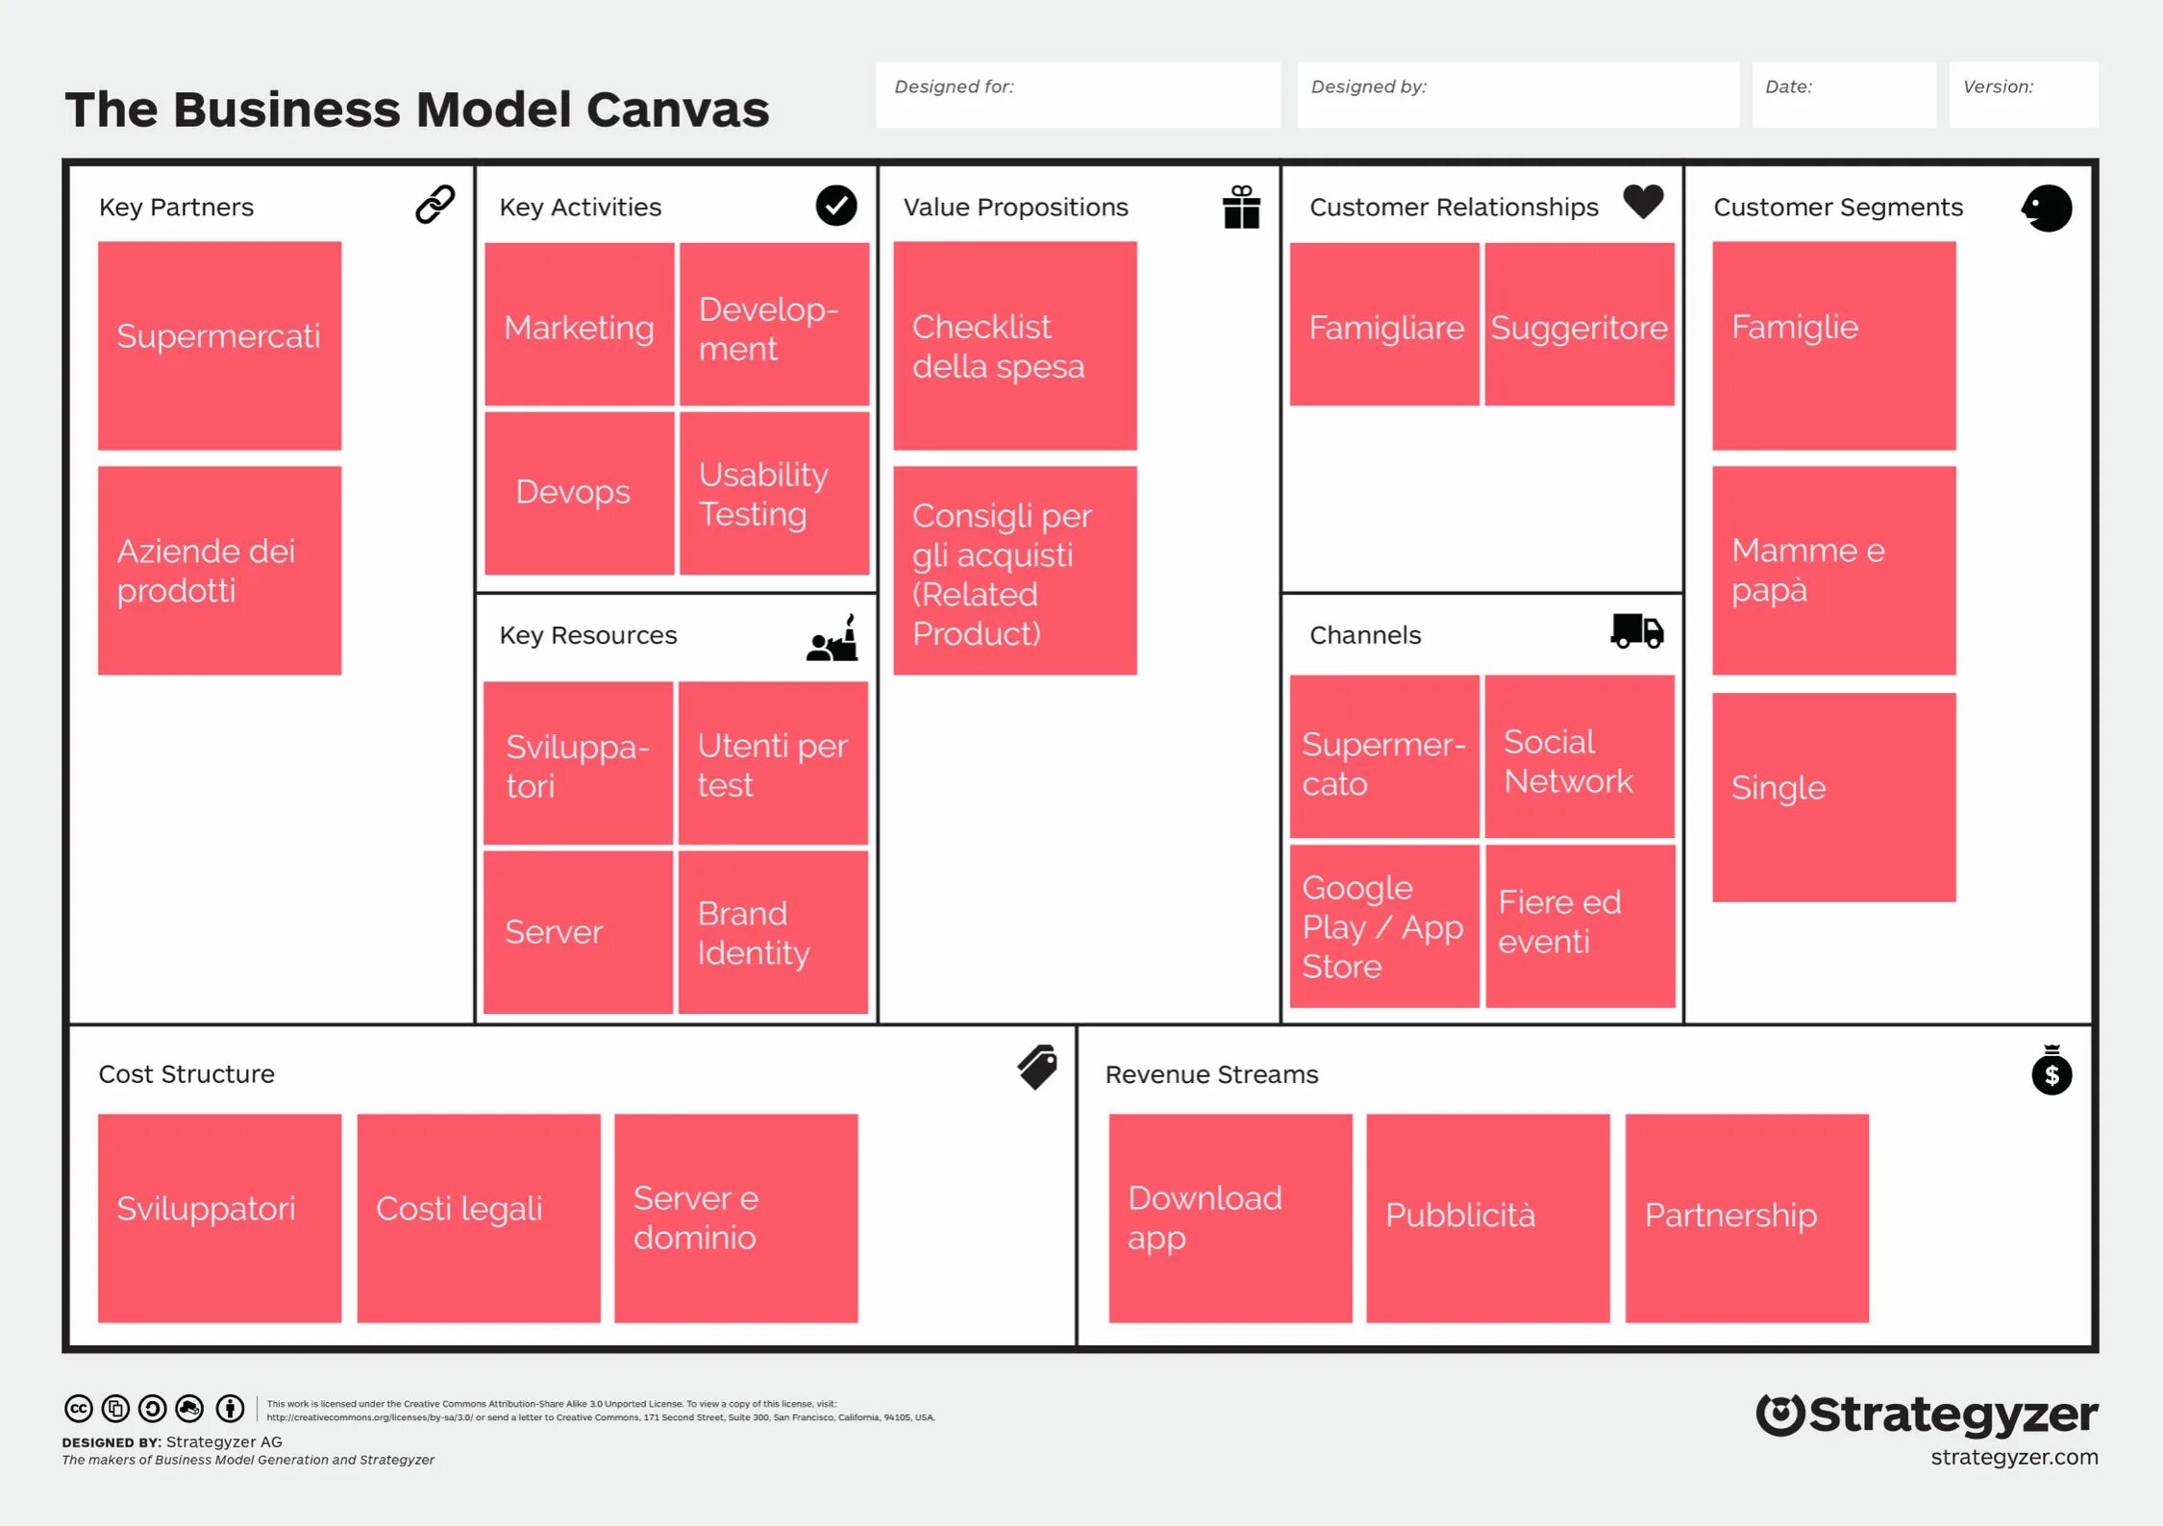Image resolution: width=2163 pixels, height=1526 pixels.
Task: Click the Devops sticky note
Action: click(579, 493)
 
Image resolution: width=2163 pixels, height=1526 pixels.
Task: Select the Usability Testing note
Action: click(774, 493)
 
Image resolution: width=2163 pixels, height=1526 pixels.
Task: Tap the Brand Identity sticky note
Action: click(773, 931)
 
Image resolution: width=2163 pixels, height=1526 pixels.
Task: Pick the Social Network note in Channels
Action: click(1579, 757)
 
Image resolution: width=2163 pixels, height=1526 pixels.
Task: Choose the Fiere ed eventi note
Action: click(1579, 925)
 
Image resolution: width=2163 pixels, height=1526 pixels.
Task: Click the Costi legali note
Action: click(478, 1217)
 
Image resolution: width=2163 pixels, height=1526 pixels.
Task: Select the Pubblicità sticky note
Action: click(1487, 1217)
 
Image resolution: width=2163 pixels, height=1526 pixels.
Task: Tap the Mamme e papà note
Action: click(1833, 570)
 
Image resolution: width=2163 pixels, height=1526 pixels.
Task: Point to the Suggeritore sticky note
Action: click(1579, 325)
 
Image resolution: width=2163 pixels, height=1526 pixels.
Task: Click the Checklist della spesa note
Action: click(1014, 345)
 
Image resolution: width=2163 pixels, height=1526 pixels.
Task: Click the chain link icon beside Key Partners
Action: click(435, 205)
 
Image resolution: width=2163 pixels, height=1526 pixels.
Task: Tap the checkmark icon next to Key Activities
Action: click(835, 206)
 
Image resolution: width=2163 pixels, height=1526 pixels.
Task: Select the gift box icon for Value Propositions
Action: click(1241, 207)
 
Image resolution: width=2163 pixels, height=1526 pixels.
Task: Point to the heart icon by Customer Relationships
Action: click(1643, 202)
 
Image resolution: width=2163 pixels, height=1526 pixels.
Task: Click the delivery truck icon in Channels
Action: click(1636, 631)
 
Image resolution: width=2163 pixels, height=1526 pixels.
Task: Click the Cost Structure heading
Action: click(186, 1073)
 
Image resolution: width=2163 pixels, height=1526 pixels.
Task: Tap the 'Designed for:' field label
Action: click(954, 86)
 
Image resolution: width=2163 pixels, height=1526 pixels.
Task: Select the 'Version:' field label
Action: click(1998, 86)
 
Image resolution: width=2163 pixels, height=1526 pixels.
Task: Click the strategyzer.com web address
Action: click(2014, 1457)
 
